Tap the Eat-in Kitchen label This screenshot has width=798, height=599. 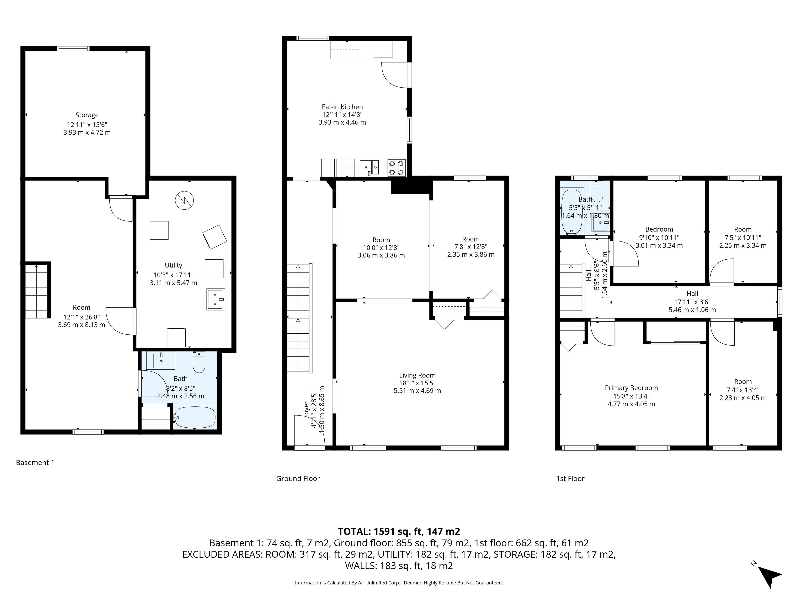(x=342, y=107)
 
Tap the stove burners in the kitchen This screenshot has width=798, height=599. (x=397, y=168)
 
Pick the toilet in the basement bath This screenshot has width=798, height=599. (x=199, y=362)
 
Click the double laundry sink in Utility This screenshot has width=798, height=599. (x=216, y=299)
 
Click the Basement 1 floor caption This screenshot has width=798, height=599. (x=35, y=463)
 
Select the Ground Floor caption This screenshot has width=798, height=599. (x=298, y=478)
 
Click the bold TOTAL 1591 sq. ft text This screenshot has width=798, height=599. (x=399, y=531)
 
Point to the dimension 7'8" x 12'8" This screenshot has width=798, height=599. (x=471, y=247)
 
